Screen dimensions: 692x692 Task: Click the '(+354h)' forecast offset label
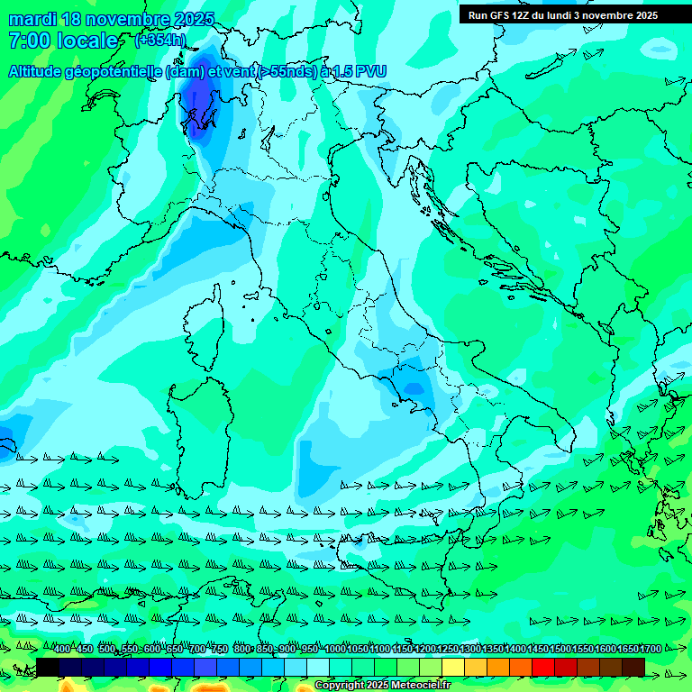[x=160, y=40]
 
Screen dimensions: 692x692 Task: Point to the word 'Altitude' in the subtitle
[x=42, y=71]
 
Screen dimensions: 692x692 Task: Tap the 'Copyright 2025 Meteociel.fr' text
[x=388, y=686]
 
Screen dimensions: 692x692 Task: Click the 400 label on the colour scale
[x=62, y=650]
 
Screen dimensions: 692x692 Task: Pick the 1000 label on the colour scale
[x=335, y=650]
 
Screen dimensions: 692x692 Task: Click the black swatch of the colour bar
[x=48, y=667]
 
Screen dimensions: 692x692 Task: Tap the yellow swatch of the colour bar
[x=453, y=667]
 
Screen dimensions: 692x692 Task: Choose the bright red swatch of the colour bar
[x=543, y=667]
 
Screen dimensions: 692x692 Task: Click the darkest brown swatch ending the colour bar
[x=633, y=667]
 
